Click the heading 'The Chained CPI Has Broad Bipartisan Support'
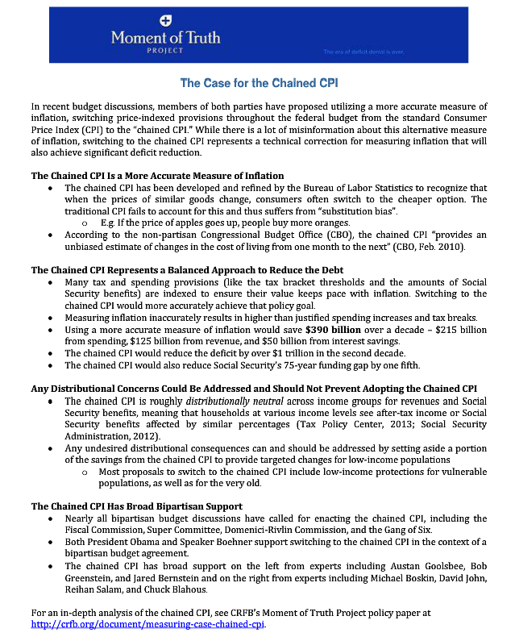[136, 506]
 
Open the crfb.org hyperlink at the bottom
[147, 624]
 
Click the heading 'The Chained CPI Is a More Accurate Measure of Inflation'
[157, 176]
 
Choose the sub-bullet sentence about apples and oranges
[214, 223]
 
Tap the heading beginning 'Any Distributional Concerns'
[254, 389]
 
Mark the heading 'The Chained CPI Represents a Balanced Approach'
[187, 270]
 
